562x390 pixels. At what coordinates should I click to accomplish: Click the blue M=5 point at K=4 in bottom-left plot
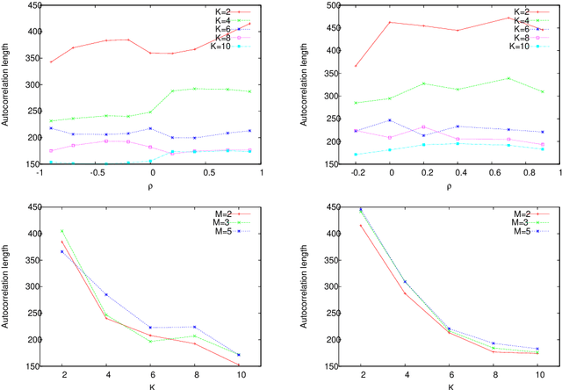(106, 294)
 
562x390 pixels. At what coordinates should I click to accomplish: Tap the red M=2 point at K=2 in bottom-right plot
(360, 226)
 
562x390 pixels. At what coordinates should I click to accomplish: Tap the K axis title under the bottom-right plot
(450, 385)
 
